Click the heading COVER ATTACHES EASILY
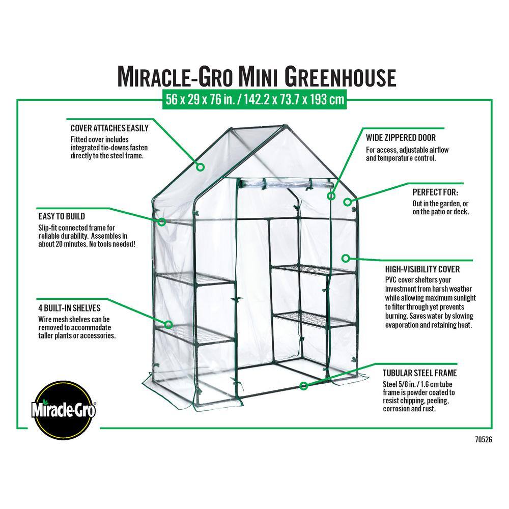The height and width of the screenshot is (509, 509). coord(109,128)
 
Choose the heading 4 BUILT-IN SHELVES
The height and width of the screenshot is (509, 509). coord(69,308)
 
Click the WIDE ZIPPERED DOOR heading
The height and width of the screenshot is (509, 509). coord(401,137)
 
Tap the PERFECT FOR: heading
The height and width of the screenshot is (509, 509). coord(435,193)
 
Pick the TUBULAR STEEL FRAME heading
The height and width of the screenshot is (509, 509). coord(419,373)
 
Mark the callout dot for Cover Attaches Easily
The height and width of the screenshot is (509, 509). coord(201,166)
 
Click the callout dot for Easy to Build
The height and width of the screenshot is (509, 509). coord(162,222)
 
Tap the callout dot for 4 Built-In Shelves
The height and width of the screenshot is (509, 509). coord(168,324)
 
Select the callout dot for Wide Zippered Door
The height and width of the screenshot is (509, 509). coord(331,195)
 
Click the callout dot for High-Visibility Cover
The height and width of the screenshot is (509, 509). coord(346,258)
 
